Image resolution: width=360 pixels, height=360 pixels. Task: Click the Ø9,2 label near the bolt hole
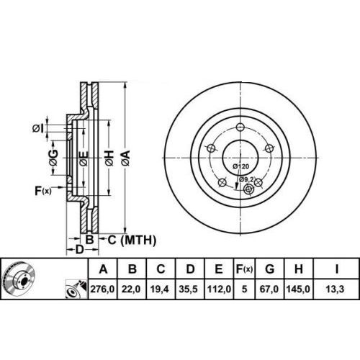pyautogui.click(x=246, y=179)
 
